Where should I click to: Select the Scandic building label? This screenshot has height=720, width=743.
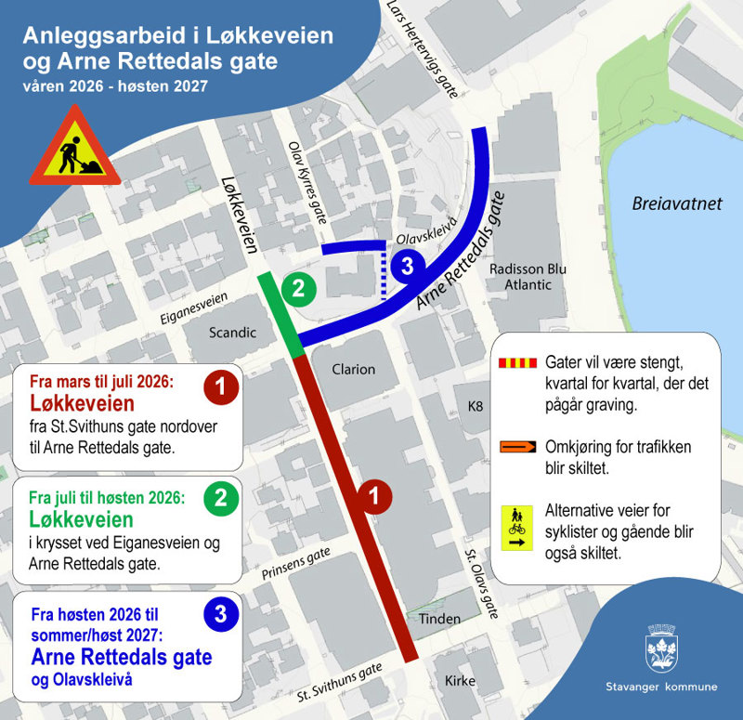pyautogui.click(x=232, y=332)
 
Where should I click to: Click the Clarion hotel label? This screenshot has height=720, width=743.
pyautogui.click(x=354, y=369)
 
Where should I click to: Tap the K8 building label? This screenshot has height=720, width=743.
pyautogui.click(x=476, y=406)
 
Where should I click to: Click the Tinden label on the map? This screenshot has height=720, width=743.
pyautogui.click(x=440, y=619)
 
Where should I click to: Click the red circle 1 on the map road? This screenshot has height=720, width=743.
pyautogui.click(x=373, y=497)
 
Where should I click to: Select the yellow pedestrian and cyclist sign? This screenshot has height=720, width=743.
pyautogui.click(x=515, y=528)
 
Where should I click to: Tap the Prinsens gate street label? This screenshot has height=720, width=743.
pyautogui.click(x=295, y=563)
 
